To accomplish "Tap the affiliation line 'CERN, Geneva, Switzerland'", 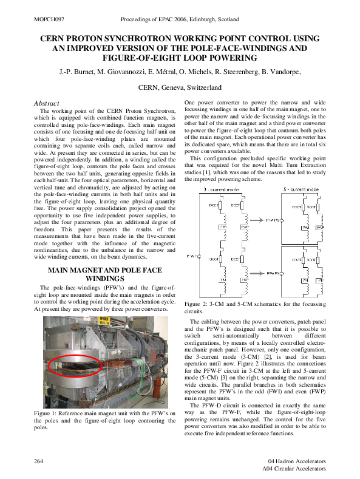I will tap(180, 87).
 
